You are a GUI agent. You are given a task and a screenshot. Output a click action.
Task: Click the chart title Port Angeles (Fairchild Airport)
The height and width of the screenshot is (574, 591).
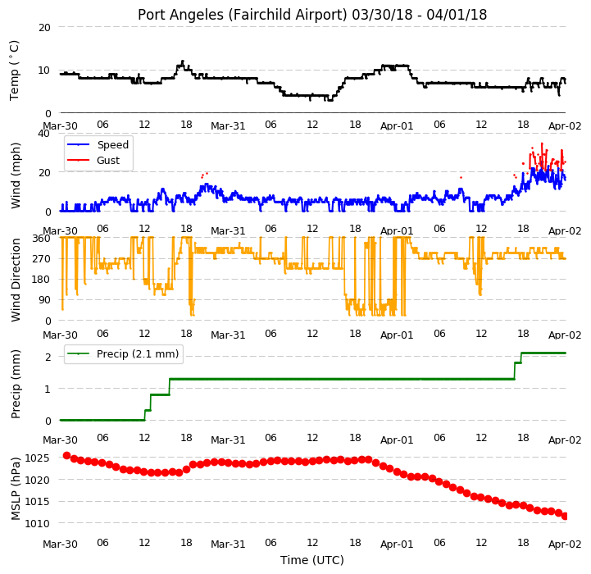coord(242,15)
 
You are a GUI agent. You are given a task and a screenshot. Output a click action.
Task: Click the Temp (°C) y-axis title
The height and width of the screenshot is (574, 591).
coord(14,71)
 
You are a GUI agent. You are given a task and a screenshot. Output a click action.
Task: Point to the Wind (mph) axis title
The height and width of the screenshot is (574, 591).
coord(16,175)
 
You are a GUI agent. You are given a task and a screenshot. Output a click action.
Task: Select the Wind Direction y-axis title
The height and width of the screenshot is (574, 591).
coord(16,280)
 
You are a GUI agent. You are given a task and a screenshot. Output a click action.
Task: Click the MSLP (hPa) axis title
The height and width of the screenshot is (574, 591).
coord(16,489)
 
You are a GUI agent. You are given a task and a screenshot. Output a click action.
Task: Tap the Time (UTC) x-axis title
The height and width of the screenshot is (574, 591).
coord(312,560)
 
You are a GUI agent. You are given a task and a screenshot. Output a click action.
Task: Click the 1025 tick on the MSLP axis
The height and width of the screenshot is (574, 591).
coord(38,458)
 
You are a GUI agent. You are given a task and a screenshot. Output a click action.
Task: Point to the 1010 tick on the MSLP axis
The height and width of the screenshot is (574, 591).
coord(38,523)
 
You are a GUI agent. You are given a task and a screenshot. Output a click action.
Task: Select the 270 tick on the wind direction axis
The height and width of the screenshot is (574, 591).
coord(43,259)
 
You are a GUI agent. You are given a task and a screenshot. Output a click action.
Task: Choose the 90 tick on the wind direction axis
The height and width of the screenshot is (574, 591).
coord(45,300)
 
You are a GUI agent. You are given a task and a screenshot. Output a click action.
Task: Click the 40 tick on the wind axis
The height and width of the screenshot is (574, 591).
coord(43,134)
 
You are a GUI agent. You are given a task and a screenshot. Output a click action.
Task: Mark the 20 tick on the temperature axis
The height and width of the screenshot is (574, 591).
coord(44,28)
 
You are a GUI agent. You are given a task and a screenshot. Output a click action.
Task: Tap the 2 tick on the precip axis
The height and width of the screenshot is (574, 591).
coord(48,358)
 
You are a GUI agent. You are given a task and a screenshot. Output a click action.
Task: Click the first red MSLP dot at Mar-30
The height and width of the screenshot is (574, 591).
coord(66,456)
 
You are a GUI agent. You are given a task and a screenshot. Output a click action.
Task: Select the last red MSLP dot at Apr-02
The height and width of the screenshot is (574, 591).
coord(564,516)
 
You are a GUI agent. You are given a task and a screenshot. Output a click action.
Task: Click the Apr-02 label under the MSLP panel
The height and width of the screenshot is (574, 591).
coord(565,544)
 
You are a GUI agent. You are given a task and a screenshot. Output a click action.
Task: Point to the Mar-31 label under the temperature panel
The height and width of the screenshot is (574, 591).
coord(228,126)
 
